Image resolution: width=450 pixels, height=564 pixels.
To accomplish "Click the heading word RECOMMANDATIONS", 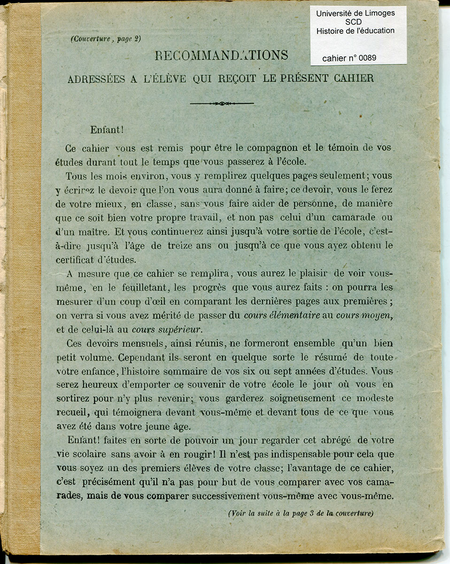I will click(x=221, y=55).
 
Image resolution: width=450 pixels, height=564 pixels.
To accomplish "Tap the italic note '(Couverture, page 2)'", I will click(x=106, y=39).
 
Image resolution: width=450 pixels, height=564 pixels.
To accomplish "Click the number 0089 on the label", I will click(x=367, y=58).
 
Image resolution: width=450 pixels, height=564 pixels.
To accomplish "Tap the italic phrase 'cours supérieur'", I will click(x=166, y=329).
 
